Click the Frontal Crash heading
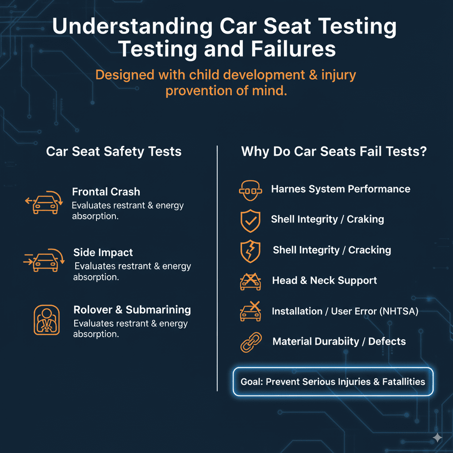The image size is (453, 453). [106, 192]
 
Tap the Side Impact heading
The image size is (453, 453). [103, 253]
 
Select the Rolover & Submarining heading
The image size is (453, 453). [132, 310]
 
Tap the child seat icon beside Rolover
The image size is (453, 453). [46, 319]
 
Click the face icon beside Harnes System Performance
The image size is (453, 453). [248, 189]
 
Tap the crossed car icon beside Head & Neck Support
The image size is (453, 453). [250, 281]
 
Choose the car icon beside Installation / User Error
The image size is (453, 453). [250, 311]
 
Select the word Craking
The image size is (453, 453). [365, 219]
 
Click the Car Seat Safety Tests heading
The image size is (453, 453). [114, 151]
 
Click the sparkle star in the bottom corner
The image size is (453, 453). [437, 438]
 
